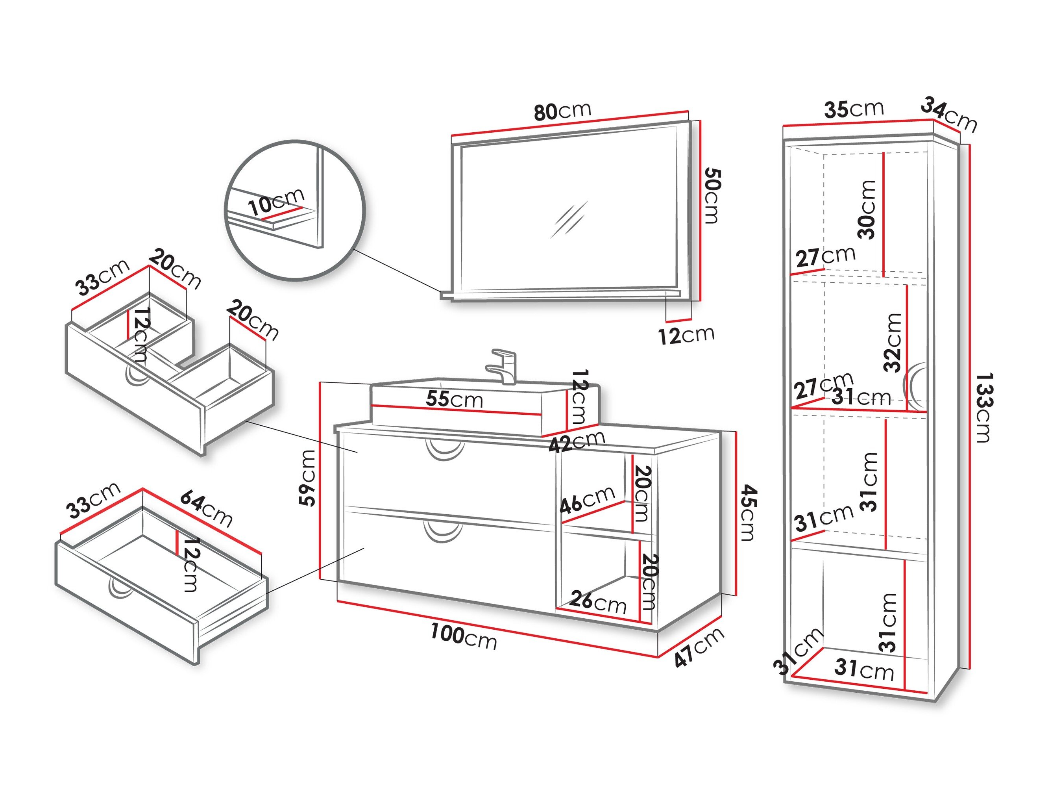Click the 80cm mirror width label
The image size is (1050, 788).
(x=562, y=111)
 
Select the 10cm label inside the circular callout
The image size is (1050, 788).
(x=276, y=202)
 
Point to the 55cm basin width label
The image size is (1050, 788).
(x=454, y=399)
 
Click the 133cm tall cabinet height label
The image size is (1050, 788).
(x=983, y=408)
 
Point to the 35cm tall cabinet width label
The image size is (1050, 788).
(x=854, y=109)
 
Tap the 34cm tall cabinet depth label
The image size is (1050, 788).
(x=949, y=115)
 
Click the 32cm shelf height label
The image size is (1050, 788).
(x=893, y=342)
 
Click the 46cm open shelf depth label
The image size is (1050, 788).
(x=587, y=501)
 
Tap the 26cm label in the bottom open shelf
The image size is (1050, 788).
(x=598, y=602)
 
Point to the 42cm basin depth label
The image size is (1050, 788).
(x=576, y=442)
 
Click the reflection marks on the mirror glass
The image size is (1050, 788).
(x=569, y=219)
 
